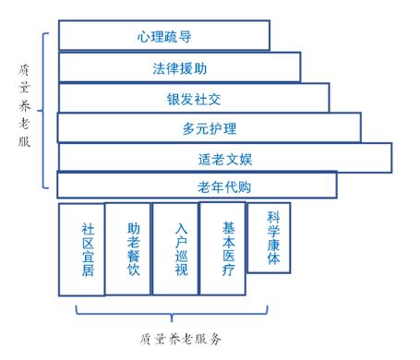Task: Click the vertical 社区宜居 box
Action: click(80, 250)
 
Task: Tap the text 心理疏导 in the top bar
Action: click(162, 36)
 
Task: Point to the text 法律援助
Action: click(179, 67)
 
